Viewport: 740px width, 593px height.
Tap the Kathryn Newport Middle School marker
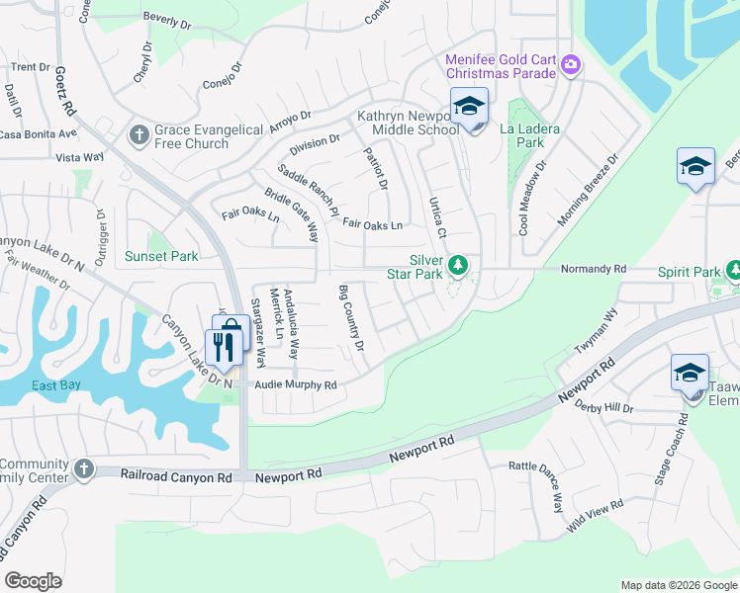click(x=470, y=109)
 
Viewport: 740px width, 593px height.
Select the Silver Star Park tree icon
click(x=457, y=264)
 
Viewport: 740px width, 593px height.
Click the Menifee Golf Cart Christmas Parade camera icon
click(x=570, y=65)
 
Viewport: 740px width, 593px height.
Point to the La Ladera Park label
click(x=521, y=135)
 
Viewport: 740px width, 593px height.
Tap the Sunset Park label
click(x=161, y=256)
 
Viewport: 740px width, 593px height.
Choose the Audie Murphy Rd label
click(x=296, y=384)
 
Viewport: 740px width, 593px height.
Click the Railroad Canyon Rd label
click(x=175, y=476)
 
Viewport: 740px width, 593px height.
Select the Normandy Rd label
click(x=594, y=268)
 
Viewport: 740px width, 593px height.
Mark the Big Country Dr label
click(x=351, y=318)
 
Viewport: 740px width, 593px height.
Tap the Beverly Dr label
click(x=165, y=19)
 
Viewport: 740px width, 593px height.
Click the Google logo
click(x=33, y=581)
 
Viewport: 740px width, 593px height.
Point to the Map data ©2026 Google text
click(x=678, y=585)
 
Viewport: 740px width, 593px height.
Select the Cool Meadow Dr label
click(x=532, y=204)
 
